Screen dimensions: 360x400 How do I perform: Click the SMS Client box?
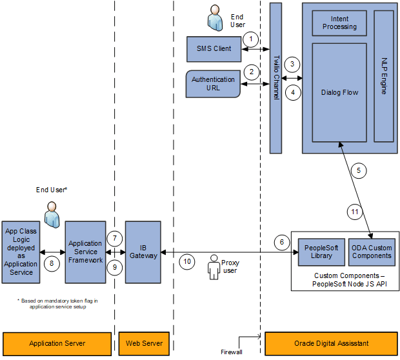coord(214,49)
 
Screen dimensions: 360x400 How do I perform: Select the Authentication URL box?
coord(213,84)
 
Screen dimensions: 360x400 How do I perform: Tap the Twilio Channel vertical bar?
coord(275,78)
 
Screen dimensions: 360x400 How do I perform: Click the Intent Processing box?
coord(339,23)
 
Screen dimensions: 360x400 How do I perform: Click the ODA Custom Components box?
coord(371,252)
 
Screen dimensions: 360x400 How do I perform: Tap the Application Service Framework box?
coord(85,252)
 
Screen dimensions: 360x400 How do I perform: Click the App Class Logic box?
coord(21,252)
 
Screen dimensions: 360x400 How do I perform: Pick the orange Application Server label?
coord(57,343)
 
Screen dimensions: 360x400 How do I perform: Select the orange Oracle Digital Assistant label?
coord(331,343)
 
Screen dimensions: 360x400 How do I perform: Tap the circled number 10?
coord(187,262)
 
